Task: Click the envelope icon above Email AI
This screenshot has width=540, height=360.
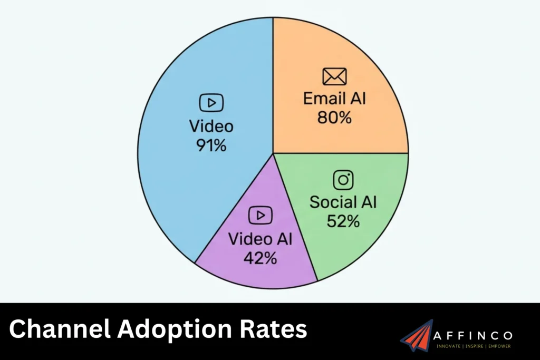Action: [x=334, y=77]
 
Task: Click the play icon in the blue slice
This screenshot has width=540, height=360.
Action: [x=211, y=103]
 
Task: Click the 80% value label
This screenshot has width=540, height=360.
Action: [x=334, y=117]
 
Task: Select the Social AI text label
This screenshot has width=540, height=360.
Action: [x=343, y=202]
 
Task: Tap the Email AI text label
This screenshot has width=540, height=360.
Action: [x=334, y=99]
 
